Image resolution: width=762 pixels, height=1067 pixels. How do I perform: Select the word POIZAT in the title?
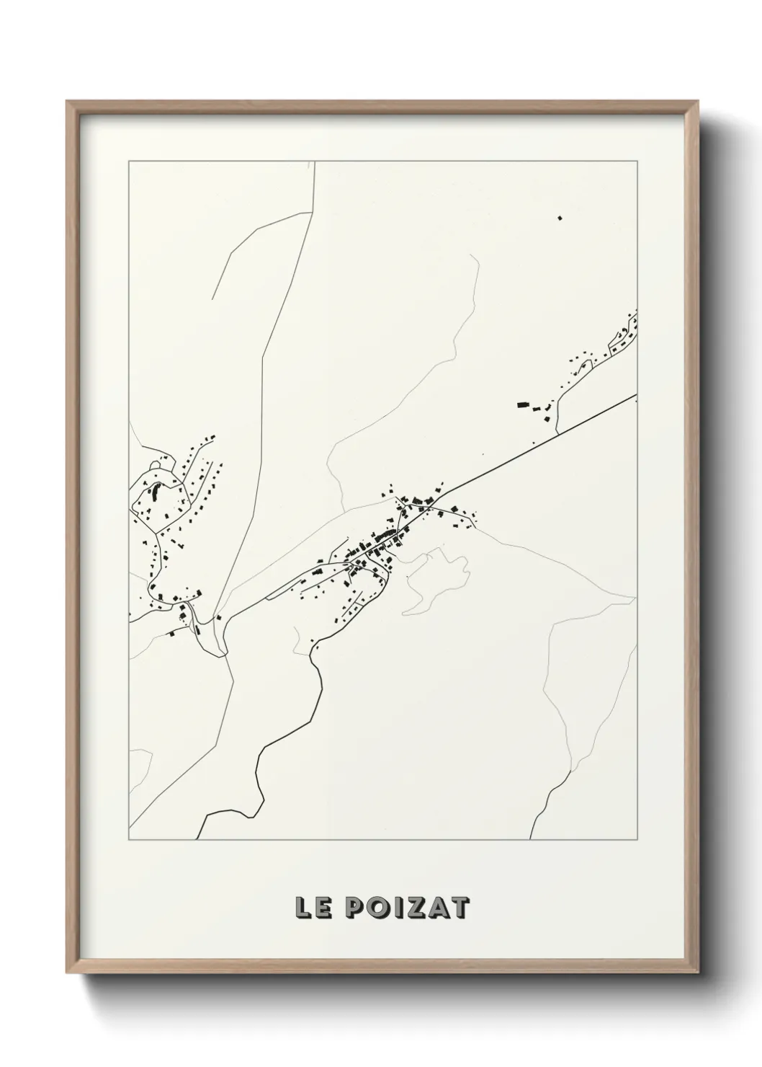[408, 908]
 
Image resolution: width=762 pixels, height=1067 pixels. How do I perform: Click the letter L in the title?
[302, 908]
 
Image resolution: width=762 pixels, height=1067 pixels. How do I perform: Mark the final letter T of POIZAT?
[460, 908]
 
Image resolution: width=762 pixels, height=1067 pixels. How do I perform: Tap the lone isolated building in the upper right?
[559, 217]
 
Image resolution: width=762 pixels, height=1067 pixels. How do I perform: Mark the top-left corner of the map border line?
[129, 161]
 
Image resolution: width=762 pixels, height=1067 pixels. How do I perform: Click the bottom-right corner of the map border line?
[637, 840]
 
